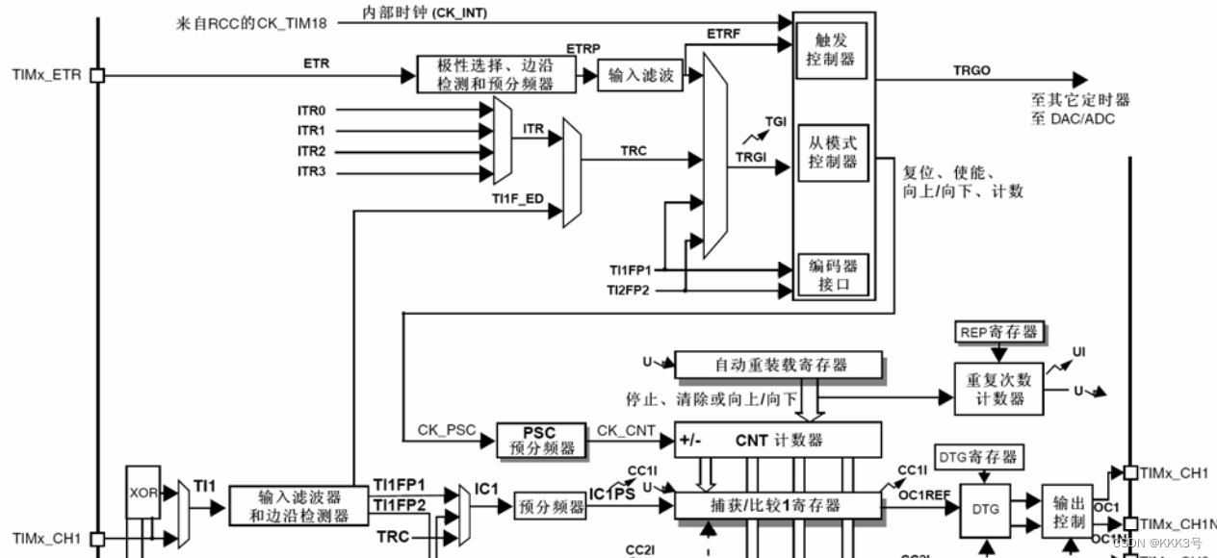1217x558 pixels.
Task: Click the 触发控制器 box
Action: (833, 51)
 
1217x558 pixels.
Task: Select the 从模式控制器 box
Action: (833, 152)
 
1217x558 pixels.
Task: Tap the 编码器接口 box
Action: (833, 275)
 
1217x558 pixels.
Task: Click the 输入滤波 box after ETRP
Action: (641, 75)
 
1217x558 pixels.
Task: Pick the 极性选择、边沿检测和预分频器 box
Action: (497, 74)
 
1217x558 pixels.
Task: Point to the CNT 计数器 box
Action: (778, 440)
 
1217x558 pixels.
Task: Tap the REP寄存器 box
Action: (999, 332)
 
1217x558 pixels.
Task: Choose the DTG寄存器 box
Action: (977, 456)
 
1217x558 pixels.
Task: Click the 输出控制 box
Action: (1069, 511)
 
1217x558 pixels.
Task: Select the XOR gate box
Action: (142, 490)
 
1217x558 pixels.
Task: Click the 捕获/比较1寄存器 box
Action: (778, 505)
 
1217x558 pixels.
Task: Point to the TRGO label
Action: (971, 70)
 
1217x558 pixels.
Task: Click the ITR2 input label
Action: (311, 151)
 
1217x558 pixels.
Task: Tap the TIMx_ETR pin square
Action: (96, 74)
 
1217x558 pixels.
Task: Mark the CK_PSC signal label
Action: (447, 430)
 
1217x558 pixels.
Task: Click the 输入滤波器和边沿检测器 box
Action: (298, 505)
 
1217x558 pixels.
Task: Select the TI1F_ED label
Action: (518, 198)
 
